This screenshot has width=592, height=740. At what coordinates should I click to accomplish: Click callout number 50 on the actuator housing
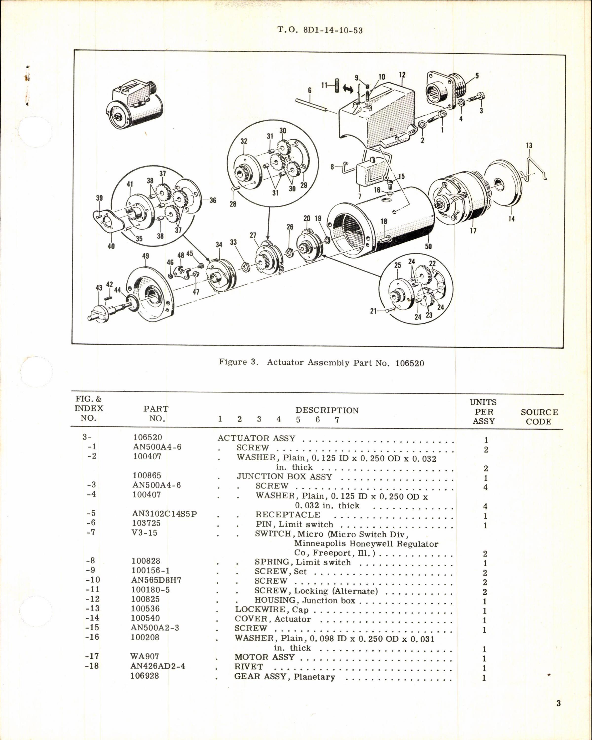pos(428,246)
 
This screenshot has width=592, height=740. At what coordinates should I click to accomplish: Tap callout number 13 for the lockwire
pos(529,146)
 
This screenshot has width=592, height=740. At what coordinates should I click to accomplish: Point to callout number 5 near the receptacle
pos(477,75)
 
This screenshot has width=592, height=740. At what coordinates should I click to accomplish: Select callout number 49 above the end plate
pos(146,256)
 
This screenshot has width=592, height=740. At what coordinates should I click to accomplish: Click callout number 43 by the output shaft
pos(99,288)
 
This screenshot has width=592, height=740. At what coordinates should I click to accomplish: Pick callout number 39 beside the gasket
pos(99,198)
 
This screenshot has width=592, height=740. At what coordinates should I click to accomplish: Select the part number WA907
pos(145,656)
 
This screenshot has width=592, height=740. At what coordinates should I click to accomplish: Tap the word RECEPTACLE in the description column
pos(288,515)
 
